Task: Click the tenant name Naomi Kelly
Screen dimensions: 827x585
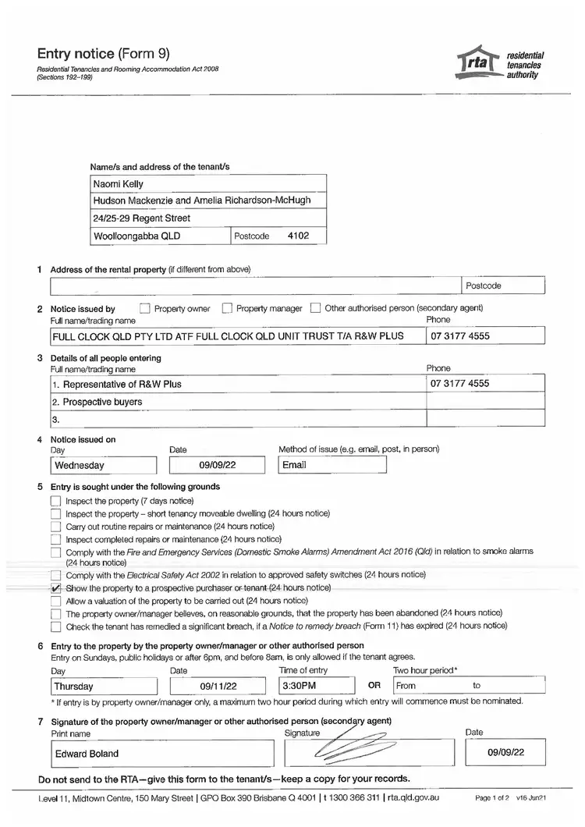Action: coord(118,184)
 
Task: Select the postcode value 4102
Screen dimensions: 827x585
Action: coord(299,235)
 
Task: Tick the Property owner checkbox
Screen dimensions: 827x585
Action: coord(144,308)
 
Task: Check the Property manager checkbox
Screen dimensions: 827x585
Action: coord(227,308)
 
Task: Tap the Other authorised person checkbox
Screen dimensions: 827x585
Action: coord(315,308)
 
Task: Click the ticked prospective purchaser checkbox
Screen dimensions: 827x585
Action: coord(55,588)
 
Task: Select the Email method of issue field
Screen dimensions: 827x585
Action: coord(332,465)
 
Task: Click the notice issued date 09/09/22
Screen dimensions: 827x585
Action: coord(218,465)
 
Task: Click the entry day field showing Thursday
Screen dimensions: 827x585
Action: coord(103,687)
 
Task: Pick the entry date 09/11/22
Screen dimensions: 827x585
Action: coord(218,687)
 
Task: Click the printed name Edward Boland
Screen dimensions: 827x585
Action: coord(87,754)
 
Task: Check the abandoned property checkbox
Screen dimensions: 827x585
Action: coord(55,614)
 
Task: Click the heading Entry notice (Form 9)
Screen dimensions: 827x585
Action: coord(103,54)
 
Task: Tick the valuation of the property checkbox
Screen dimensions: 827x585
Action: coord(55,602)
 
